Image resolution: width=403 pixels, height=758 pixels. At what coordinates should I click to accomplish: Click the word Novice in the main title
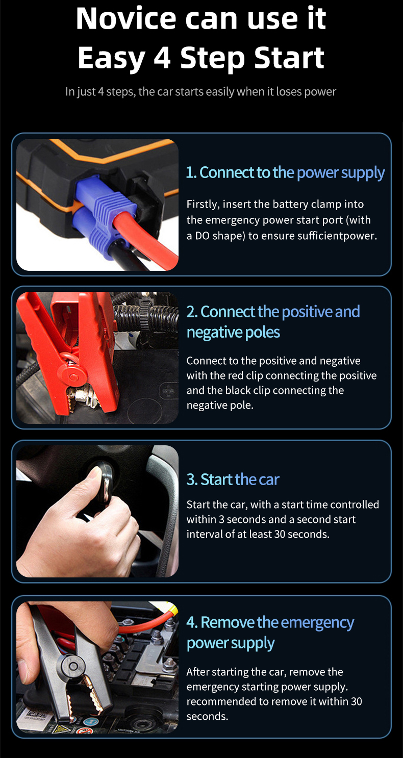pos(126,18)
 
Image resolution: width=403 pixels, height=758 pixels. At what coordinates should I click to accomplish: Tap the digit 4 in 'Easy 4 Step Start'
pos(162,58)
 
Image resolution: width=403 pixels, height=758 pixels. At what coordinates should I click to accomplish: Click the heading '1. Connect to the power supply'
pos(285,172)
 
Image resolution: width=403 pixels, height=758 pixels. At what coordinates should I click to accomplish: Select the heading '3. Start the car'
pos(233,479)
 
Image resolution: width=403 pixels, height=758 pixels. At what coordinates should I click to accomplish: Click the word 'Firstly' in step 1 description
pos(203,205)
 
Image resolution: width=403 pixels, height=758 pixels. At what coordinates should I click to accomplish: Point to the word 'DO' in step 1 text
pos(203,236)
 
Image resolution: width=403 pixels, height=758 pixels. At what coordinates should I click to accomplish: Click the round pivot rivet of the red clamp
pos(72,376)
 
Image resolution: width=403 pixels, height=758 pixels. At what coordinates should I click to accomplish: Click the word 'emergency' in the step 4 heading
pos(317,623)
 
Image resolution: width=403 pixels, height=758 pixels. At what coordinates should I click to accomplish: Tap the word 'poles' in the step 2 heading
pos(262,332)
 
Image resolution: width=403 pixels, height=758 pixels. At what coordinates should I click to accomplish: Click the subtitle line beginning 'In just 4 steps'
pos(200,92)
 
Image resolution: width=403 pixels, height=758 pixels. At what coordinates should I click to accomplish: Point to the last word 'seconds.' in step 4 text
pos(207,716)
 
